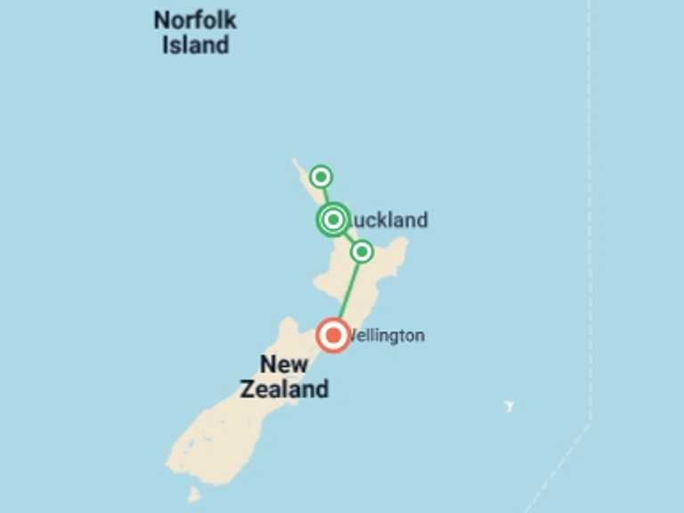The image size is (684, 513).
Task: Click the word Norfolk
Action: coord(195,20)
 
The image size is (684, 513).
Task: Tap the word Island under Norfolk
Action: coord(195,45)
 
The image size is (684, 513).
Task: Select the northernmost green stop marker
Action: coord(321,176)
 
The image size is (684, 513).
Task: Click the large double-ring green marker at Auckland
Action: coord(333,219)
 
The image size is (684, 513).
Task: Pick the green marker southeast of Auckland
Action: coord(362,252)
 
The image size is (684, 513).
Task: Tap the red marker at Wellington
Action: coord(333,335)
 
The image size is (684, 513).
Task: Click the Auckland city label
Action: coord(387,220)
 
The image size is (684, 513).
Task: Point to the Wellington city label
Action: coord(387,336)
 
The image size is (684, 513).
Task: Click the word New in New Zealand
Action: coord(284,364)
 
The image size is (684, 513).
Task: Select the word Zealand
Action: coord(284,389)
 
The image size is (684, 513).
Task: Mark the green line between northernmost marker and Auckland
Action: coord(326,195)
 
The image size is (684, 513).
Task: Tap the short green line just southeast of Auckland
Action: coord(348,237)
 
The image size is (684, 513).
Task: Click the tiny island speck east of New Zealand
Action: coord(509,406)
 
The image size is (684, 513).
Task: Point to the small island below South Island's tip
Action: coord(193,493)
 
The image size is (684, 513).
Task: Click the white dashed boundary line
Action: coord(589,223)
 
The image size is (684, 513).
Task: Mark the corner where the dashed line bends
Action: coord(589,425)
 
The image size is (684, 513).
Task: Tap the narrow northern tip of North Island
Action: coord(297,164)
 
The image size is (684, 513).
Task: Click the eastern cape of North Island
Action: coord(403,241)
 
